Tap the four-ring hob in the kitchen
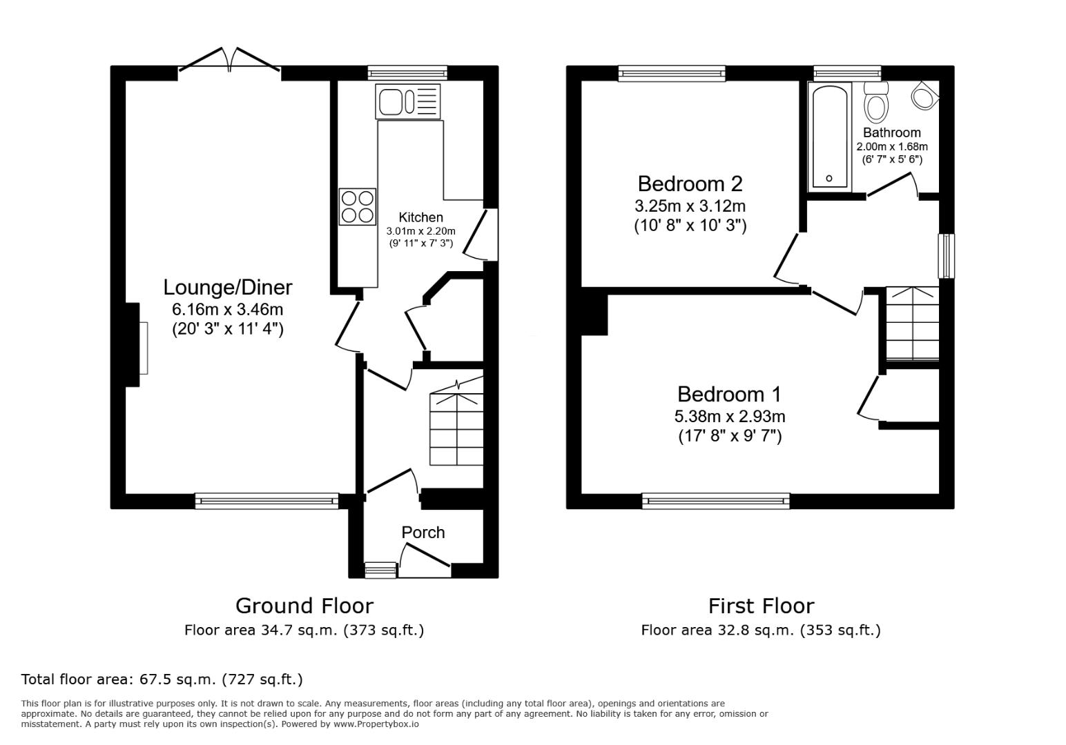click(358, 206)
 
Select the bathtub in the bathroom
click(829, 137)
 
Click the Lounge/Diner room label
click(228, 287)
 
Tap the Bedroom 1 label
click(729, 394)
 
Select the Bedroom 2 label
click(690, 183)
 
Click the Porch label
click(423, 533)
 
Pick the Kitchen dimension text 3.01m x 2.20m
click(420, 231)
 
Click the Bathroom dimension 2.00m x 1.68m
click(892, 146)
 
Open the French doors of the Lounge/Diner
click(229, 61)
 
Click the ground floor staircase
click(456, 428)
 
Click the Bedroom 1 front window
click(715, 501)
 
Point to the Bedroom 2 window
click(672, 73)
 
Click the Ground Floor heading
click(304, 606)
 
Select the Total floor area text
click(162, 679)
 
